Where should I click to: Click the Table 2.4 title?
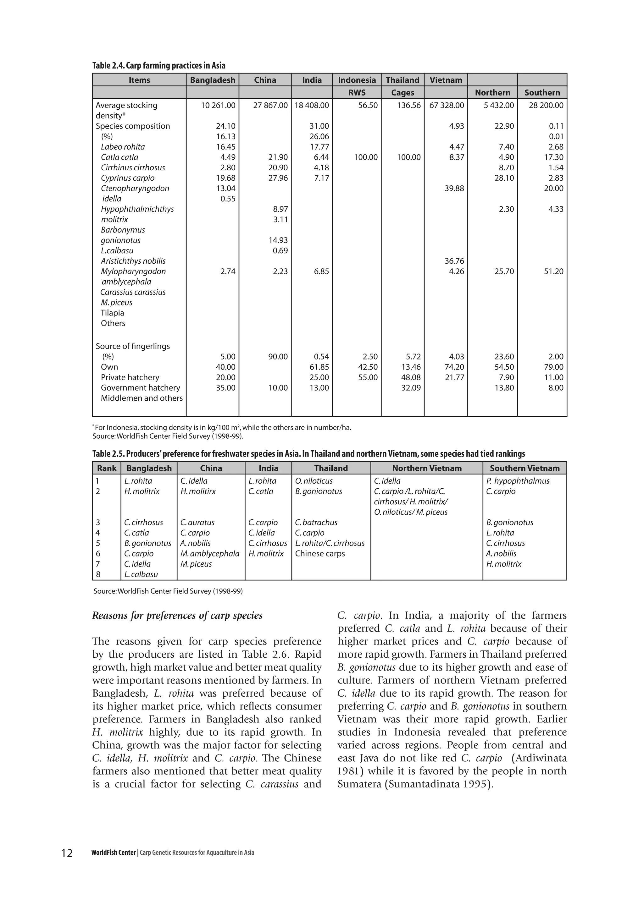coord(158,65)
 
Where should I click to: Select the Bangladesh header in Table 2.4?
coord(213,80)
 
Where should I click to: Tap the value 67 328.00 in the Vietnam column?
coord(446,106)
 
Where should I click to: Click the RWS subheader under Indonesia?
coord(357,93)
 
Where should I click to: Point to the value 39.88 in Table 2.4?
coord(454,189)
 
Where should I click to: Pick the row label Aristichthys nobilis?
coord(133,261)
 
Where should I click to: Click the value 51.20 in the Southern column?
coord(553,271)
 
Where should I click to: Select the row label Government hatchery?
coord(140,388)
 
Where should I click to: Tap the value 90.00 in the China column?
coord(278,357)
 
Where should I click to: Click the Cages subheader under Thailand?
coord(402,93)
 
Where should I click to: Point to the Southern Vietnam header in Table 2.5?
coord(525,469)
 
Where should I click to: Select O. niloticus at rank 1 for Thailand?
coord(314,481)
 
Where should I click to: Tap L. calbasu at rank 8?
coord(141,575)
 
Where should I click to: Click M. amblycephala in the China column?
coord(210,554)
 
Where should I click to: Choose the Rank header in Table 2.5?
coord(107,469)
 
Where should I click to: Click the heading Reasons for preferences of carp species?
coord(177,616)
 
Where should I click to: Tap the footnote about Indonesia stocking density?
coord(222,428)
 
